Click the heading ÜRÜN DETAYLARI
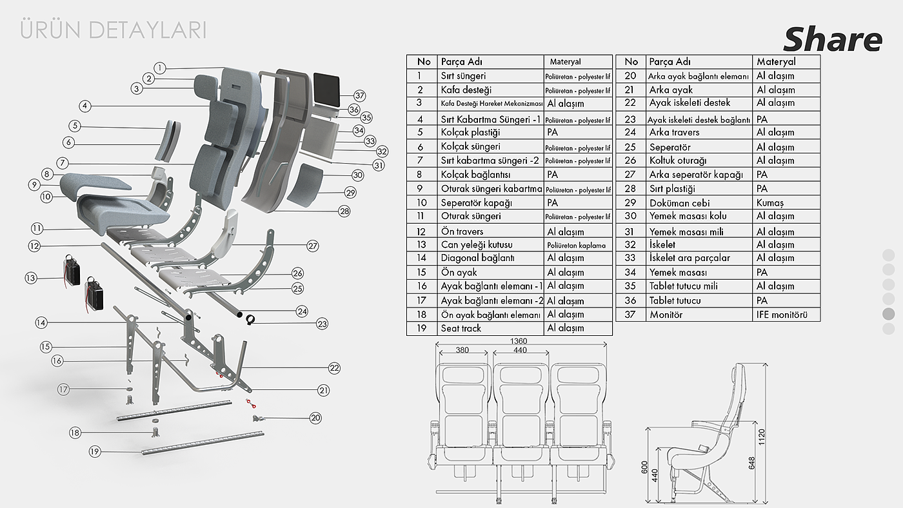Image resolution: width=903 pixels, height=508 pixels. (x=114, y=30)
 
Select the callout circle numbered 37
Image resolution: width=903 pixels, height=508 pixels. (x=359, y=96)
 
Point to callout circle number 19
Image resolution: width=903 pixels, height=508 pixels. (x=95, y=451)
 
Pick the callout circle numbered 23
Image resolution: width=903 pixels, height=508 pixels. (x=322, y=324)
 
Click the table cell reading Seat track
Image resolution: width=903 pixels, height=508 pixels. (x=461, y=328)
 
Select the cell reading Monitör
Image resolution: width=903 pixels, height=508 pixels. (x=666, y=315)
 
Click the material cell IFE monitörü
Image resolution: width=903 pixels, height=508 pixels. (x=782, y=315)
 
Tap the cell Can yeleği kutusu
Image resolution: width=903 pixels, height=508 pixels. (x=477, y=245)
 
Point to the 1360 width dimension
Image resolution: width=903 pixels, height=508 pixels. (x=518, y=341)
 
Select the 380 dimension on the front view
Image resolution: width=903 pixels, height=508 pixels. (x=462, y=350)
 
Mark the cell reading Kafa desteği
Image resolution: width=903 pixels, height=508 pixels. (x=466, y=90)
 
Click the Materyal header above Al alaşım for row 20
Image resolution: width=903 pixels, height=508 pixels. (x=776, y=62)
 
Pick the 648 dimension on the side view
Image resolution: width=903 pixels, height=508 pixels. (x=751, y=464)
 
